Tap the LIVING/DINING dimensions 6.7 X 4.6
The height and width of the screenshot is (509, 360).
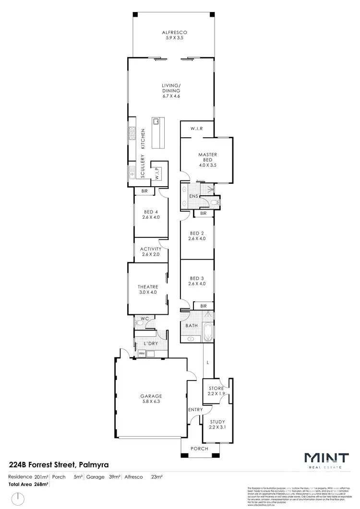(171, 96)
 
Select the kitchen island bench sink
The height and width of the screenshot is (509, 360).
(156, 121)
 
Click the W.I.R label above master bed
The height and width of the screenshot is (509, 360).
(197, 129)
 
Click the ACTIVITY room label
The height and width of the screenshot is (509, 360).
(151, 249)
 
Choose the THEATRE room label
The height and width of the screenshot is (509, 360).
(148, 287)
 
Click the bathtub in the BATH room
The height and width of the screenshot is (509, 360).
(207, 331)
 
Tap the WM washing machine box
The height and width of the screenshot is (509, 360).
(142, 354)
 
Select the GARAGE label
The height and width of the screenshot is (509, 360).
(151, 396)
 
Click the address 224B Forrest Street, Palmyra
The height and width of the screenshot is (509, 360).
(59, 464)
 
